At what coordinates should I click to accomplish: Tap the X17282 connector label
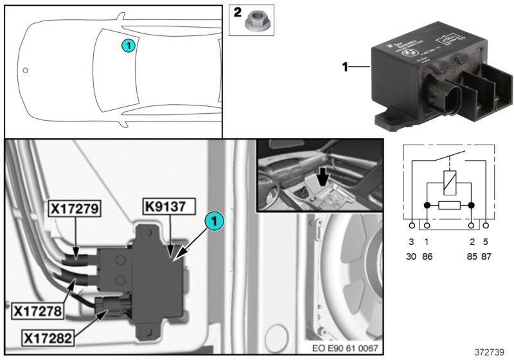pyautogui.click(x=50, y=336)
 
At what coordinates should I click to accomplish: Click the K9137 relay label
pyautogui.click(x=165, y=209)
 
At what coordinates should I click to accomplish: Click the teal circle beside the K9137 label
pyautogui.click(x=215, y=221)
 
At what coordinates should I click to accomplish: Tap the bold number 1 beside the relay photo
pyautogui.click(x=345, y=66)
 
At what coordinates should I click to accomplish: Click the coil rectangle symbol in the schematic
pyautogui.click(x=449, y=183)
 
